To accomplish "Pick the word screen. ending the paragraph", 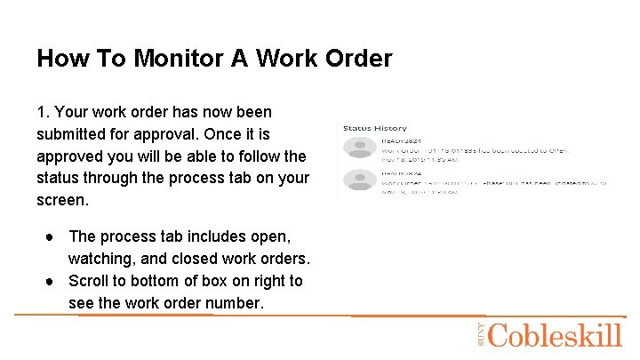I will coord(62,200).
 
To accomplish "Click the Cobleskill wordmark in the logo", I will coord(555,335).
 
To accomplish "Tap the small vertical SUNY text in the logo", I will coord(480,334).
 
